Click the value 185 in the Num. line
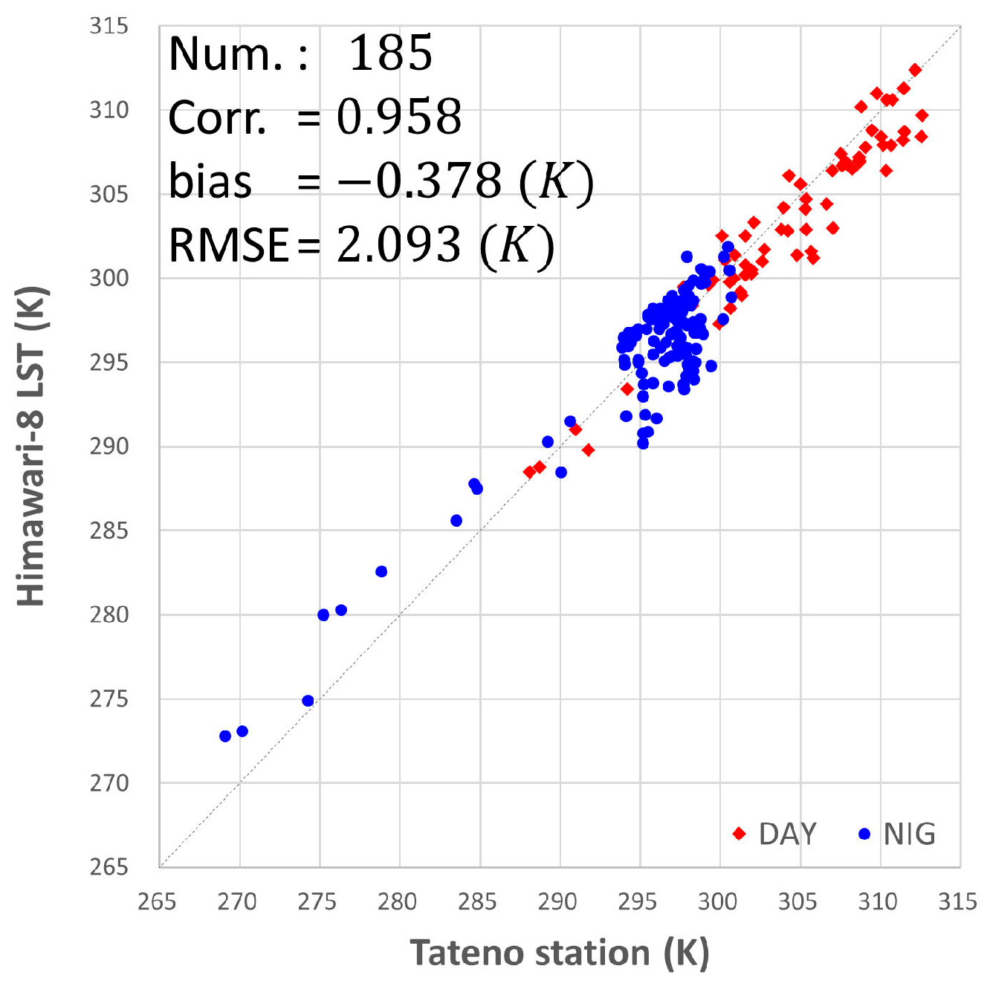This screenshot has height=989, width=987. pos(390,53)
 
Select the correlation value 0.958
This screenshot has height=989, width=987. pos(399,117)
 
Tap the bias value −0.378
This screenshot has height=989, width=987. pos(420,181)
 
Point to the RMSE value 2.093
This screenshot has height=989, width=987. pos(398,244)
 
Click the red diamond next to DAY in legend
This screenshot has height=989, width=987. pos(739,834)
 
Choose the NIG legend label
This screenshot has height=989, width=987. pos(909,834)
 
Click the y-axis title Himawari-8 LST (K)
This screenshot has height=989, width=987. pos(31,446)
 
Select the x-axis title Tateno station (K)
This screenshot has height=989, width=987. pos(559,953)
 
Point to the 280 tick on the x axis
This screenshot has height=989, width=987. pos(397,902)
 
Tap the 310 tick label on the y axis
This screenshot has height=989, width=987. pos(109,110)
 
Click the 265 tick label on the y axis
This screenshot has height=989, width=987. pos(109,867)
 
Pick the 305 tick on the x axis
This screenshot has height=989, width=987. pos(797,902)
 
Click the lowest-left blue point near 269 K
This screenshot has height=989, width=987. pos(225,736)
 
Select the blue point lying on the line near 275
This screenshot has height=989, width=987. pos(308,701)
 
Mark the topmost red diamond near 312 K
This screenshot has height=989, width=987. pos(915,70)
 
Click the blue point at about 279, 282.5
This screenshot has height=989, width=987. pos(381,571)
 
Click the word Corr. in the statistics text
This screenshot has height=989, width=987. pos(218,117)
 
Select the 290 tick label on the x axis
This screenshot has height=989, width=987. pos(557,902)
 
